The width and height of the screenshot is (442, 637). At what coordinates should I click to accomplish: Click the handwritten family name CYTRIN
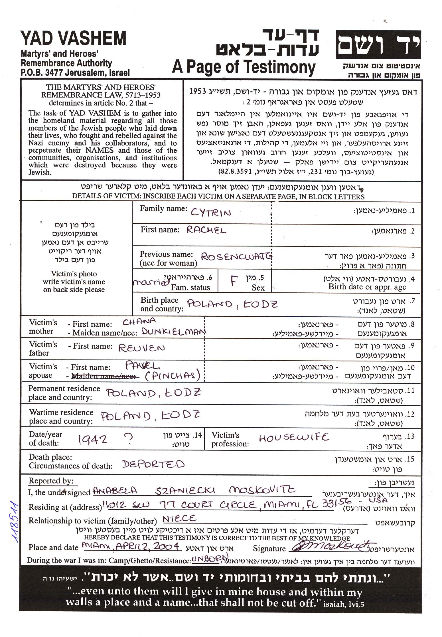pos(210,213)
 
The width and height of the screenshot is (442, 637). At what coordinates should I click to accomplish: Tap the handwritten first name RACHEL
pos(206,230)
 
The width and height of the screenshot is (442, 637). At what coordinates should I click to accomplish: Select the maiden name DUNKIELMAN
pos(173,332)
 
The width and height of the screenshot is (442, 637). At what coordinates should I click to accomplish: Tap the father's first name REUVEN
pos(141,348)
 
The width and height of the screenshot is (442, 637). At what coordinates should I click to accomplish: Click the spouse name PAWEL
pos(142,366)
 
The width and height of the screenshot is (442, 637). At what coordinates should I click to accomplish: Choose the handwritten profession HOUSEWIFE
pos(294,437)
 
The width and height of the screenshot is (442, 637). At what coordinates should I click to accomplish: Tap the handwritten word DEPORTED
pos(153,464)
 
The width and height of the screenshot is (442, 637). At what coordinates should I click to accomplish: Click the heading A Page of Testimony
pos(244,68)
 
